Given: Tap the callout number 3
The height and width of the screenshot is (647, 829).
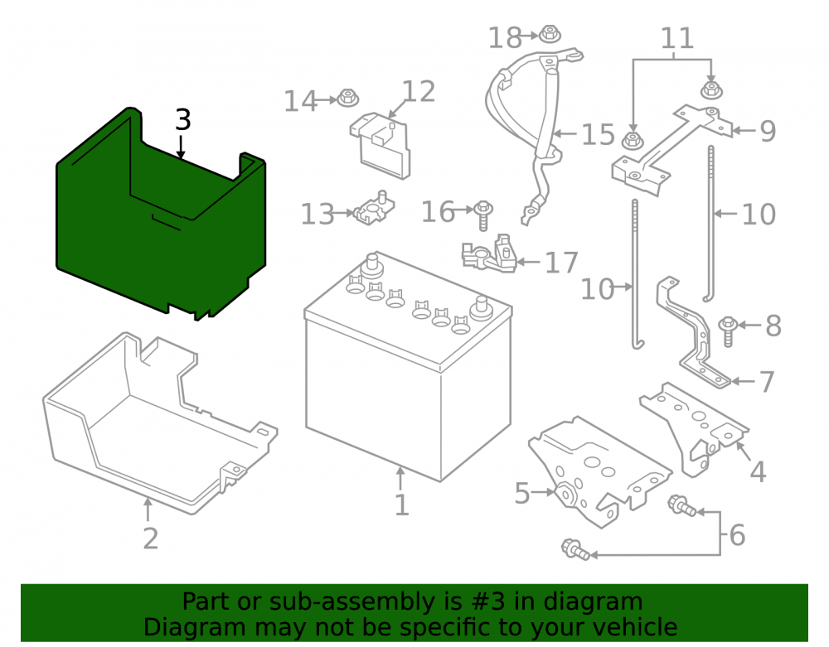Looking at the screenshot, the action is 183,120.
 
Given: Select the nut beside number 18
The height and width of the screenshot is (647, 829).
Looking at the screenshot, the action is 550,34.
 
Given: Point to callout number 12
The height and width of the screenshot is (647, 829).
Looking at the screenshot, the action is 419,91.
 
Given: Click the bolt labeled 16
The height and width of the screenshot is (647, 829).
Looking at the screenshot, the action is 482,215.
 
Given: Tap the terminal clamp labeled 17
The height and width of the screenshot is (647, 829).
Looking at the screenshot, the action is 489,254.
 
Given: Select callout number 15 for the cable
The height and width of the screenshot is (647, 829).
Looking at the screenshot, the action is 598,135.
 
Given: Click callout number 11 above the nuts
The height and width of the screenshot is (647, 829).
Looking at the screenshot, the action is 677,38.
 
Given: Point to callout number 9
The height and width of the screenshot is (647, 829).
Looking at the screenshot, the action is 768,131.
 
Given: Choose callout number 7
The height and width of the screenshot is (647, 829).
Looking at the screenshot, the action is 767,381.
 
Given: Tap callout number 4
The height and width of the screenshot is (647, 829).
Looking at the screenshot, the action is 759,471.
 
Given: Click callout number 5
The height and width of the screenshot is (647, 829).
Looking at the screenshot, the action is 522,493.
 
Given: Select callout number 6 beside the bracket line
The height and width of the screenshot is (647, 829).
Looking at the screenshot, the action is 738,535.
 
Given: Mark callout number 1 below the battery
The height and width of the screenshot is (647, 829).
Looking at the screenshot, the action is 402,505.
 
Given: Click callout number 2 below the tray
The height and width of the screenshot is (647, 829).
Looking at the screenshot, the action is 151,538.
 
